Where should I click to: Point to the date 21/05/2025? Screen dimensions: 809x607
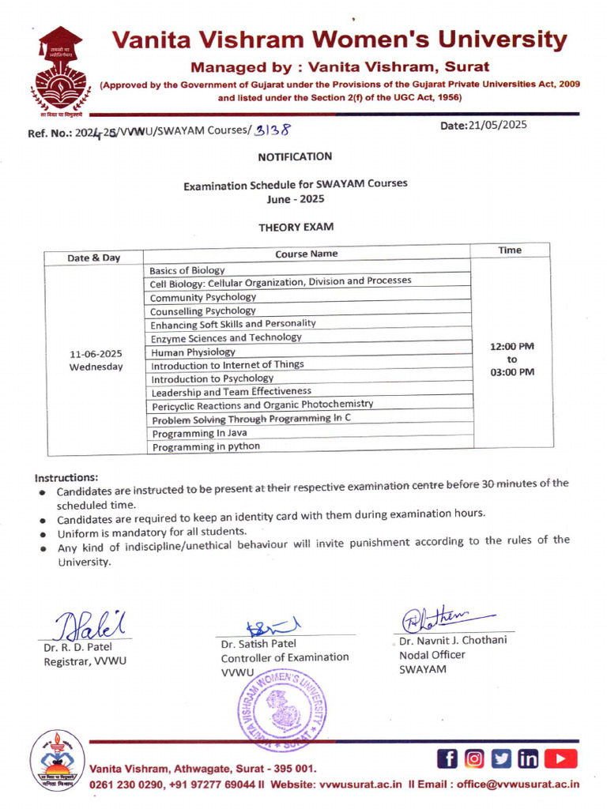tap(499, 124)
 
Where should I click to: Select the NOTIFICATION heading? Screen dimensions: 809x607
tap(295, 156)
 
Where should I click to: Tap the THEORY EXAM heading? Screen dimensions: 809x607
tap(296, 227)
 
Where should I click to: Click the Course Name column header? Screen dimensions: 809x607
tap(306, 254)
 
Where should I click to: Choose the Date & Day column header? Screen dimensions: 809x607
tap(94, 258)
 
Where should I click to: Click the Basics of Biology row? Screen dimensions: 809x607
tap(187, 270)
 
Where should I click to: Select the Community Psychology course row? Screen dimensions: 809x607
tap(203, 297)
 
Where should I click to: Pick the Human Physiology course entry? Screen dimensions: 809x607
tap(194, 352)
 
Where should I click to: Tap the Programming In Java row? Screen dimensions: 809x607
tap(199, 433)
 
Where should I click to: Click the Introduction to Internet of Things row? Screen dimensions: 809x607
tap(228, 365)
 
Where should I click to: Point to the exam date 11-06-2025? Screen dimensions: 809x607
tap(96, 354)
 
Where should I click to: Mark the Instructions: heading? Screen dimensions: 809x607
tap(66, 478)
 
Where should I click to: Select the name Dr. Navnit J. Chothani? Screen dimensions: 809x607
tap(453, 640)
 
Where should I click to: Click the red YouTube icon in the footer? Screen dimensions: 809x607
tap(560, 759)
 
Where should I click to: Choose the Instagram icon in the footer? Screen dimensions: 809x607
tap(474, 759)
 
